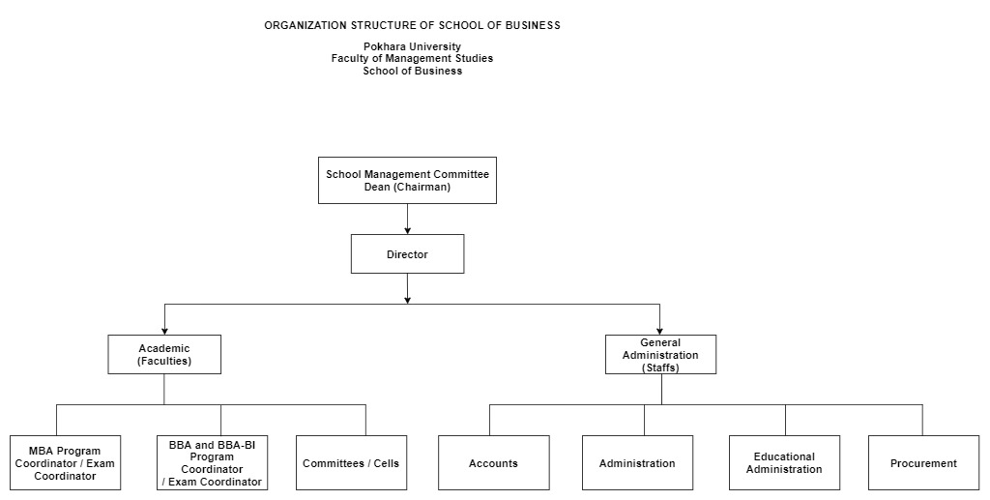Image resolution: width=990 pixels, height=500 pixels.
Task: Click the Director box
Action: point(407,254)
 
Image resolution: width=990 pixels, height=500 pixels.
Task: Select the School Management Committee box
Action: point(407,181)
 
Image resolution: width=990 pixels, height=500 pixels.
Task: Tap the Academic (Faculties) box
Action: point(164,355)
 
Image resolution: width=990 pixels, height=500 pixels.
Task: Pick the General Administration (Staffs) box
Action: point(660,355)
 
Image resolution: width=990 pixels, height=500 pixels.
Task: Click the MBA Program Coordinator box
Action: point(65,462)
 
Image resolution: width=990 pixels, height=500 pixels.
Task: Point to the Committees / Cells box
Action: point(351,462)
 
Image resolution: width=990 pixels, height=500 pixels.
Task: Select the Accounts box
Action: point(494,462)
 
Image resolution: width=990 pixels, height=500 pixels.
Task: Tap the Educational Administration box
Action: point(784,462)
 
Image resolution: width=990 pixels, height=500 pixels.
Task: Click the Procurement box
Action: point(923,462)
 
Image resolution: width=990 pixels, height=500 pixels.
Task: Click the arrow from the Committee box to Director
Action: point(407,220)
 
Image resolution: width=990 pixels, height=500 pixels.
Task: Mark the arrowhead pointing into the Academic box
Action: point(164,331)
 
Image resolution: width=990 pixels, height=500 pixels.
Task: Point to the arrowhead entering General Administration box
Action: point(659,331)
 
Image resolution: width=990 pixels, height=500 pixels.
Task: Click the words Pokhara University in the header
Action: point(412,46)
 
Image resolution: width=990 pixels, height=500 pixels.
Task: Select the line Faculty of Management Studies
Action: point(412,58)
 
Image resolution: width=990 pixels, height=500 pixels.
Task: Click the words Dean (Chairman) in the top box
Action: point(407,187)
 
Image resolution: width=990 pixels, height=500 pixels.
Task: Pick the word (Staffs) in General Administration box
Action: point(660,368)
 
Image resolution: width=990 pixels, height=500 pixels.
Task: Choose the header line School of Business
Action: point(412,71)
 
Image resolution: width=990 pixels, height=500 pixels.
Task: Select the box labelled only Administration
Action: point(637,462)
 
